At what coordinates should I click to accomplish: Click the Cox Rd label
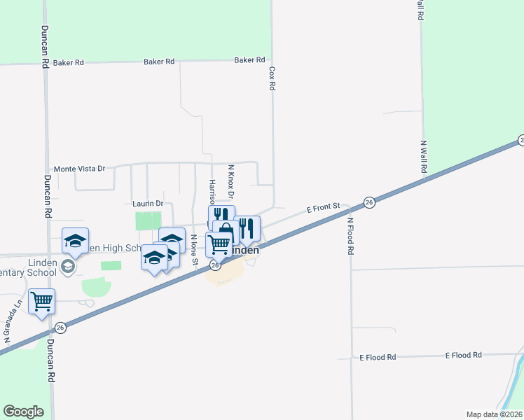272,78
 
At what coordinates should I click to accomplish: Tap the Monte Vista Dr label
79,169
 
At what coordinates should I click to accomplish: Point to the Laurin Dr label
147,204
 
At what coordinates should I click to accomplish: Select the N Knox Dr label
230,181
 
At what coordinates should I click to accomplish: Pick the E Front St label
324,207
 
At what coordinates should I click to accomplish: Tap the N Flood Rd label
351,236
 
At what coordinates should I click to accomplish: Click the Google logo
23,412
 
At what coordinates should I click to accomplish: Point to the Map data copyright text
494,414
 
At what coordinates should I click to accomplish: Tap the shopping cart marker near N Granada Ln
41,302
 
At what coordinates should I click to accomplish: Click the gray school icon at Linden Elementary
68,266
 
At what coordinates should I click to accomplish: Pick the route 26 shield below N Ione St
216,265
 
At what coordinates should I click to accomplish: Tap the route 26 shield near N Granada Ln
61,327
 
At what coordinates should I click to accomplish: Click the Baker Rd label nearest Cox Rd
249,60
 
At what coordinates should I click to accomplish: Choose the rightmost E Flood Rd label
464,356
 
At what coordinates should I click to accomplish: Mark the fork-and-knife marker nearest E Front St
247,227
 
